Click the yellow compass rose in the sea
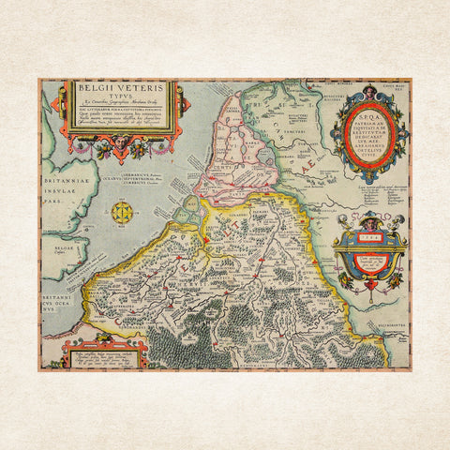click(121, 212)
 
